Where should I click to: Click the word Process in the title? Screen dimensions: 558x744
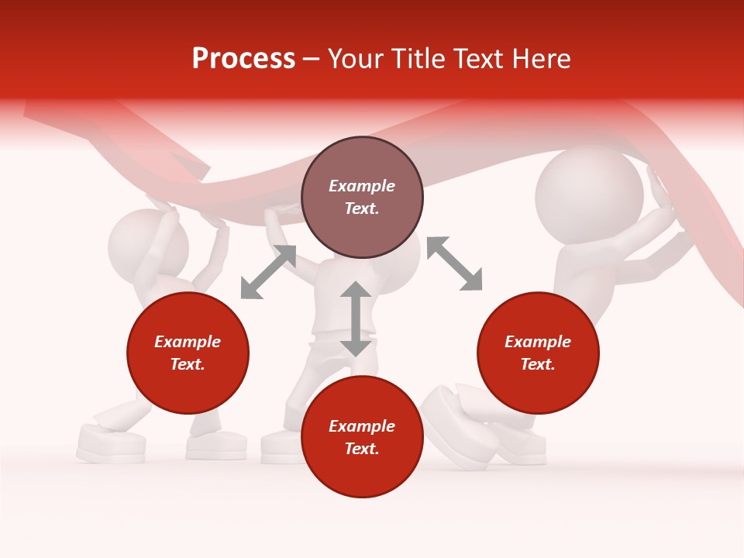tap(243, 59)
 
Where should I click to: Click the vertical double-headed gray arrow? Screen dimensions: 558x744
tap(356, 319)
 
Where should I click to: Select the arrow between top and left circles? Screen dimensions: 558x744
tap(268, 272)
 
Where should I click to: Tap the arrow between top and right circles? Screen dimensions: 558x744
tap(454, 263)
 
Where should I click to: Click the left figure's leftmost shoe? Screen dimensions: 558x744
tap(111, 445)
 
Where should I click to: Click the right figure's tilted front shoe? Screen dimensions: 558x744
tap(461, 426)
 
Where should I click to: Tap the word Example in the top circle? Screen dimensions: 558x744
tap(362, 186)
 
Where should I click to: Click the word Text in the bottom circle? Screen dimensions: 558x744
tap(362, 449)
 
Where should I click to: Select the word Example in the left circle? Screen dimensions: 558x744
tap(188, 342)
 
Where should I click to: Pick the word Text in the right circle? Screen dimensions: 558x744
tap(538, 364)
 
